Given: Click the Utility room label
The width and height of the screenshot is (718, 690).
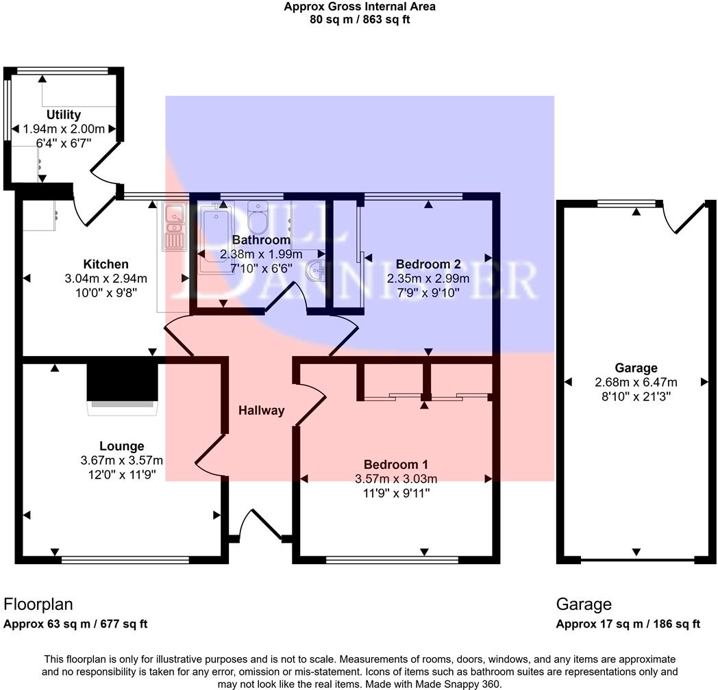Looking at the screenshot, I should click(64, 115).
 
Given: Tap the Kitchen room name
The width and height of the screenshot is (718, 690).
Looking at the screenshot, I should click(106, 264).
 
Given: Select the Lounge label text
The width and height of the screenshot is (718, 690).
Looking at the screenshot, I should click(121, 446).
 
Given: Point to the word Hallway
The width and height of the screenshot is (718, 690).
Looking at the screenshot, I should click(261, 411).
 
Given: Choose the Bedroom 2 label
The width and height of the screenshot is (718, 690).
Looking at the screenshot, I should click(428, 264).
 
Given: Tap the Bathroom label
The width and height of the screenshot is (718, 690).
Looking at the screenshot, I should click(261, 240).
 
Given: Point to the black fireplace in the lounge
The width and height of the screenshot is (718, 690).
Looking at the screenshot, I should click(122, 381).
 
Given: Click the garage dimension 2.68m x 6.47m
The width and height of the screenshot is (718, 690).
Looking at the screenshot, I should click(636, 382).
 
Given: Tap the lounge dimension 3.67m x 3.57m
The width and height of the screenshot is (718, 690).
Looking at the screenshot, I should click(121, 460).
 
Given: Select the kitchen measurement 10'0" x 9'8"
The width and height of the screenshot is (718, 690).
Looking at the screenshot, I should click(106, 291).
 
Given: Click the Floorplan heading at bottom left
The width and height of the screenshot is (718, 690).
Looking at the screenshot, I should click(38, 604).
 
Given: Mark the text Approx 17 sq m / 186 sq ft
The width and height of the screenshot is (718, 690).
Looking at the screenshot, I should click(628, 624).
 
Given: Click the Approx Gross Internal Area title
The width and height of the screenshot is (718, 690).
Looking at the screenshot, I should click(360, 7).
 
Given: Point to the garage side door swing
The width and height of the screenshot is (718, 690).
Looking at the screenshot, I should click(685, 218).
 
